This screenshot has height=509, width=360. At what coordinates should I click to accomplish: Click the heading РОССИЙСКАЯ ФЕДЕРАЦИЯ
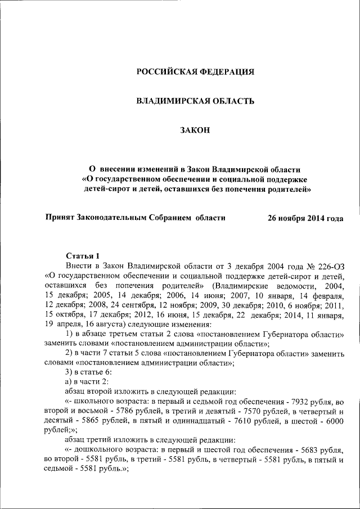click(x=196, y=71)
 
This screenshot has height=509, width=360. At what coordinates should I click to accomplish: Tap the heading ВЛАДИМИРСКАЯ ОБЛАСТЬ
click(x=196, y=101)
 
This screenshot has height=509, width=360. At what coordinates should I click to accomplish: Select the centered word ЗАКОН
click(x=195, y=130)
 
